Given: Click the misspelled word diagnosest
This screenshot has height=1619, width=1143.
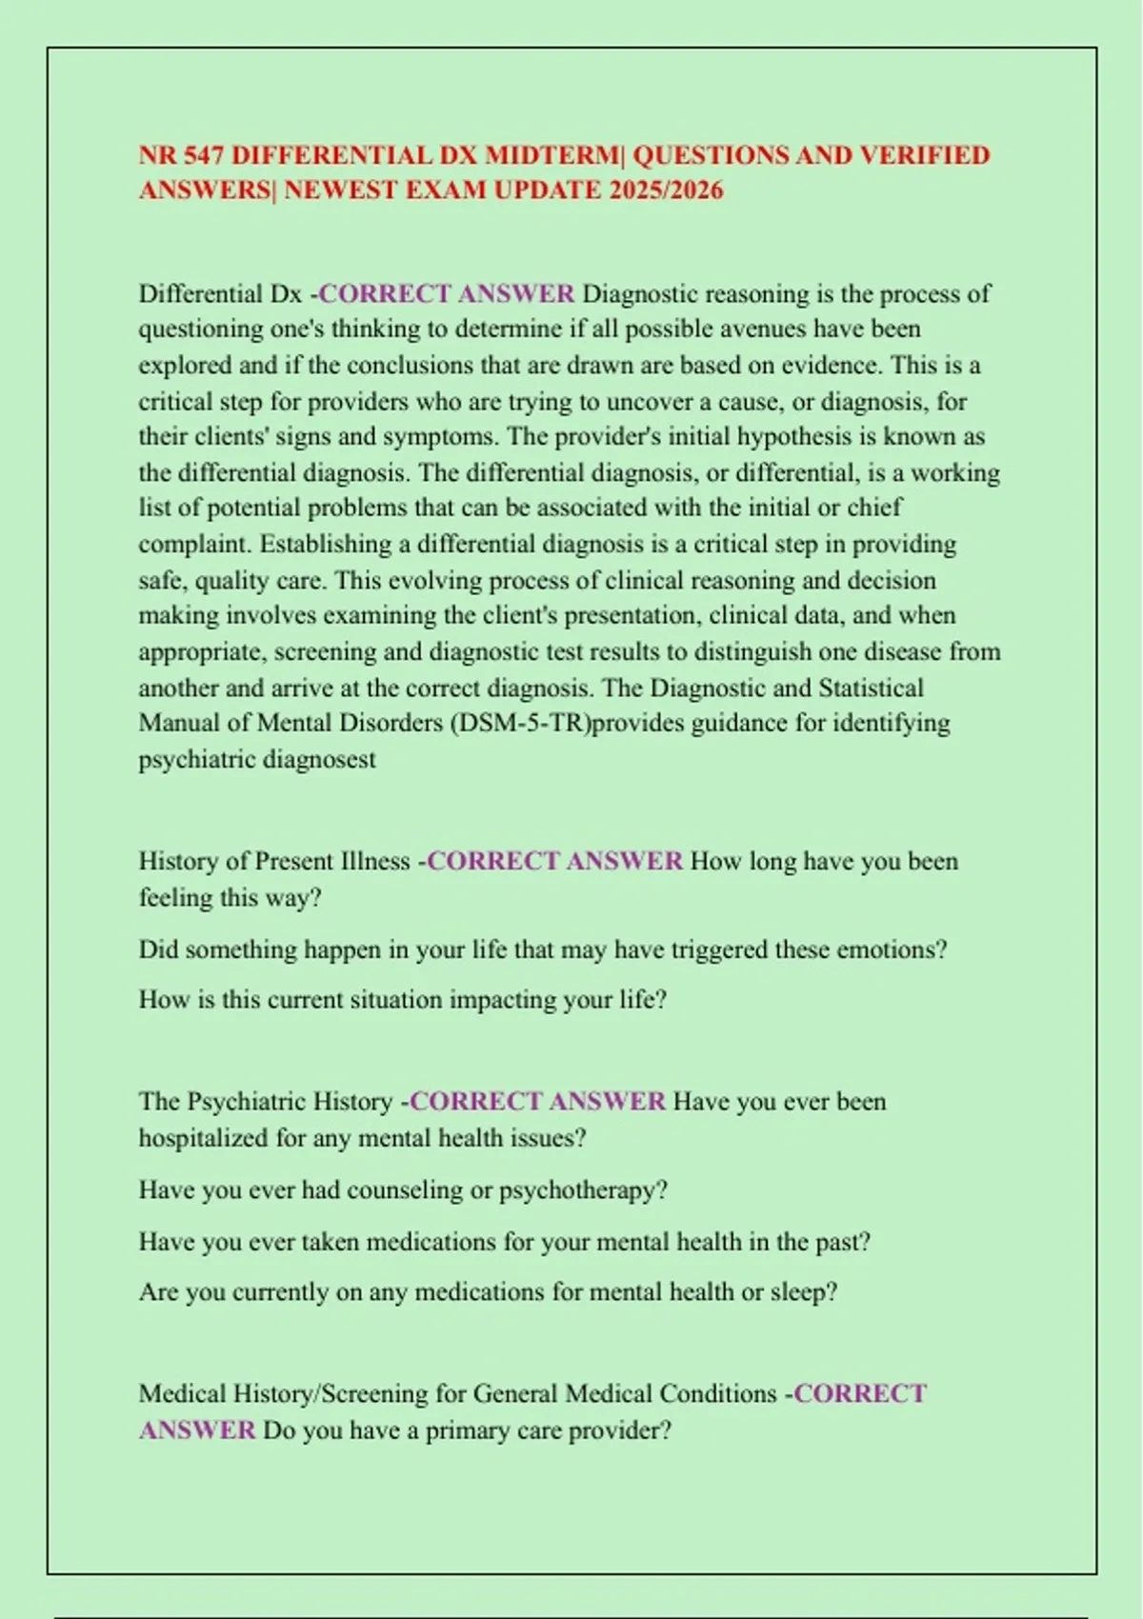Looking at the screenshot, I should [x=319, y=760].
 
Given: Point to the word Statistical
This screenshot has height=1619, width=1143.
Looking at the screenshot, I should [x=860, y=688].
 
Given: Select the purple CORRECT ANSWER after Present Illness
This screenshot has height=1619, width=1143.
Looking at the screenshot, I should [x=554, y=861].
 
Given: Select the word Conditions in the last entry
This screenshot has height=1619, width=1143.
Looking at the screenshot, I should [x=717, y=1394].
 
